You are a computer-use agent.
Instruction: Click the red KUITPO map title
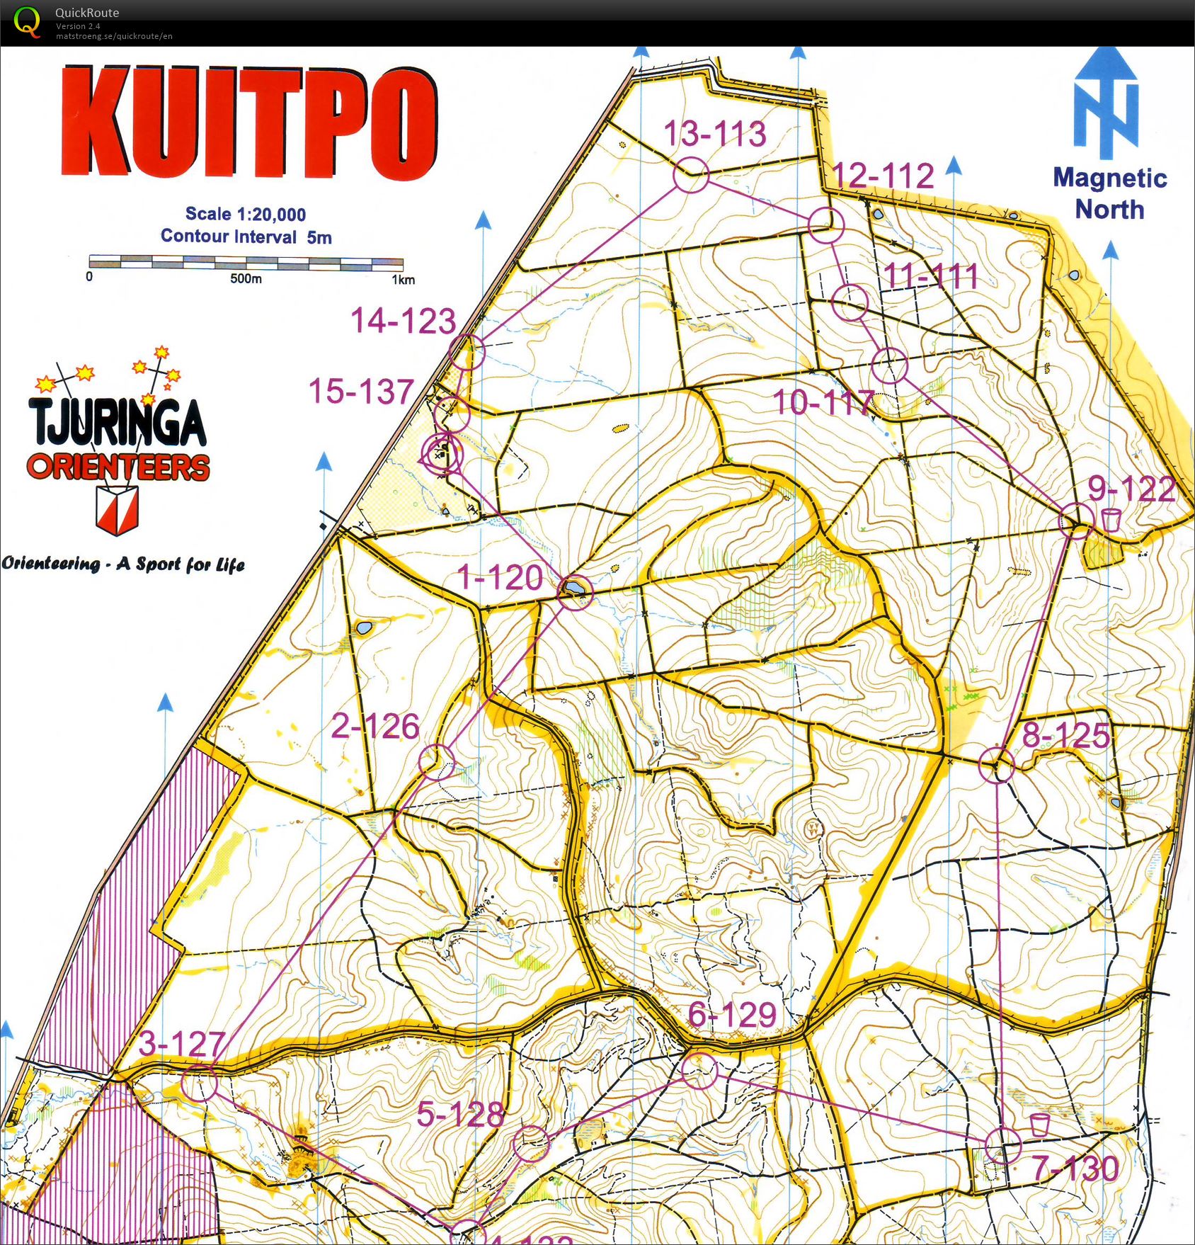[248, 123]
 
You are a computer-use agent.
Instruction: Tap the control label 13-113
[714, 134]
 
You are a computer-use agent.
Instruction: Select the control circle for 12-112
[826, 226]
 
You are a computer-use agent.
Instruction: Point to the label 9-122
[1131, 489]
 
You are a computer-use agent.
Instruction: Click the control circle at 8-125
[997, 765]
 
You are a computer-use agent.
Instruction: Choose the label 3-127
[182, 1044]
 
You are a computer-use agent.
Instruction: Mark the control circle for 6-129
[699, 1070]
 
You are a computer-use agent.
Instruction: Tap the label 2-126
[375, 727]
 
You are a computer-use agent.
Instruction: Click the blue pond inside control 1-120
[573, 588]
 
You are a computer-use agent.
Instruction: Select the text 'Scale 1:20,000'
[246, 214]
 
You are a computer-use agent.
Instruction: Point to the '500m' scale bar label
[246, 279]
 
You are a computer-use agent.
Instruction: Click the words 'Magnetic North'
[1109, 193]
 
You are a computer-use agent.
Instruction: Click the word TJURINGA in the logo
[118, 422]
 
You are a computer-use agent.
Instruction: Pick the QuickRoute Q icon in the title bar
[27, 21]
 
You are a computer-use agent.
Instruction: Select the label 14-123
[403, 321]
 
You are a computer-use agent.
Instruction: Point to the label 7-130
[1075, 1169]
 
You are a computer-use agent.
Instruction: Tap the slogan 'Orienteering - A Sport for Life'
[123, 564]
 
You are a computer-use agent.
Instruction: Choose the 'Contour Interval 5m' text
[246, 237]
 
